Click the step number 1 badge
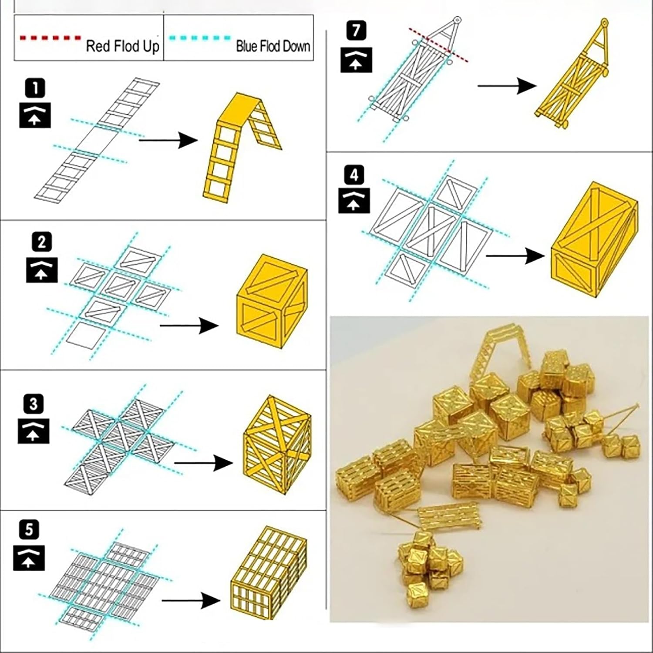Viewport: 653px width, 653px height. click(x=35, y=89)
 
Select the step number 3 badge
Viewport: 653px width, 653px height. click(x=34, y=404)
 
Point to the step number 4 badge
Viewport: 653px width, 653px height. click(x=354, y=175)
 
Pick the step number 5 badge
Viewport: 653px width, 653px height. click(x=29, y=530)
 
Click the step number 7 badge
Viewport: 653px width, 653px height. click(x=357, y=31)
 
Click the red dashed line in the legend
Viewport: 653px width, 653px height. click(x=50, y=38)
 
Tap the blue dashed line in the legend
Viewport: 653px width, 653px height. click(x=200, y=38)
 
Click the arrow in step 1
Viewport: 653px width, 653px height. click(x=168, y=140)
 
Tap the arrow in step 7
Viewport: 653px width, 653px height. click(x=507, y=86)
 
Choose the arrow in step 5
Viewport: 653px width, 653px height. click(x=191, y=601)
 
